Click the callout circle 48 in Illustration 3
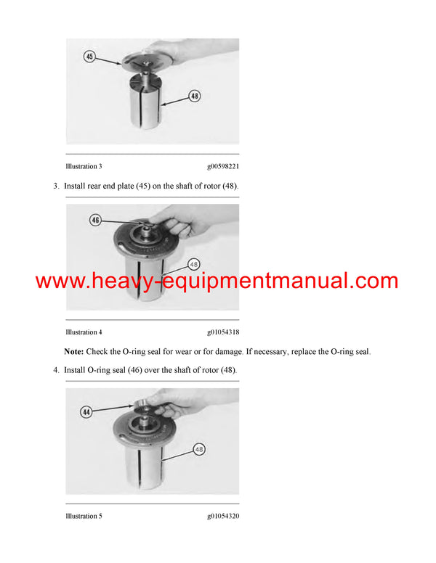pos(194,95)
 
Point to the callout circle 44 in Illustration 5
pos(86,411)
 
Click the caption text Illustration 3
pos(84,167)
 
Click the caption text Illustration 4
pos(84,332)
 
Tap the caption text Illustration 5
pos(84,517)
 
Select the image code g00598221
pos(222,167)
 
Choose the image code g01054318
pos(222,332)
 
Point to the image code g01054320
pos(222,517)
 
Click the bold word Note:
pos(73,351)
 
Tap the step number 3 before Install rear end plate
pos(55,186)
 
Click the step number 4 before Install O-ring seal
pos(55,371)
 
